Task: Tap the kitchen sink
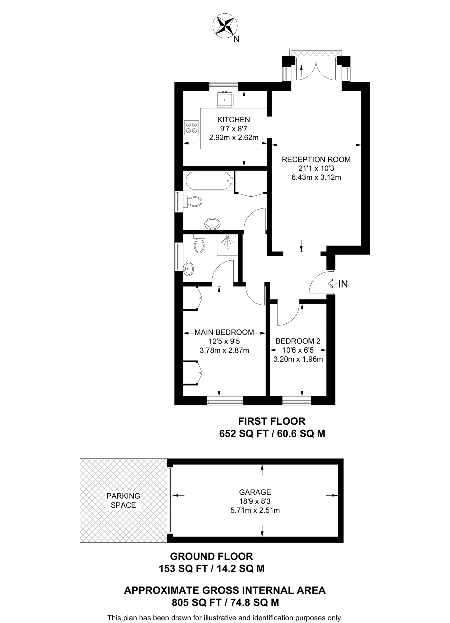coord(225,99)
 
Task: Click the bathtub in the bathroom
coord(210,181)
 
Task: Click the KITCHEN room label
coord(233,120)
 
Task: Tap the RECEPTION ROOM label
coord(316,159)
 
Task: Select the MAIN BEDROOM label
coord(224,332)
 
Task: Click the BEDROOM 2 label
coord(298,341)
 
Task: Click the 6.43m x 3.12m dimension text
coord(316,177)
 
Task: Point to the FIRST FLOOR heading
coord(272,421)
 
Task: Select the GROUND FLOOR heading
coord(211,557)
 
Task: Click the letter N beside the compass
coord(236,39)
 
